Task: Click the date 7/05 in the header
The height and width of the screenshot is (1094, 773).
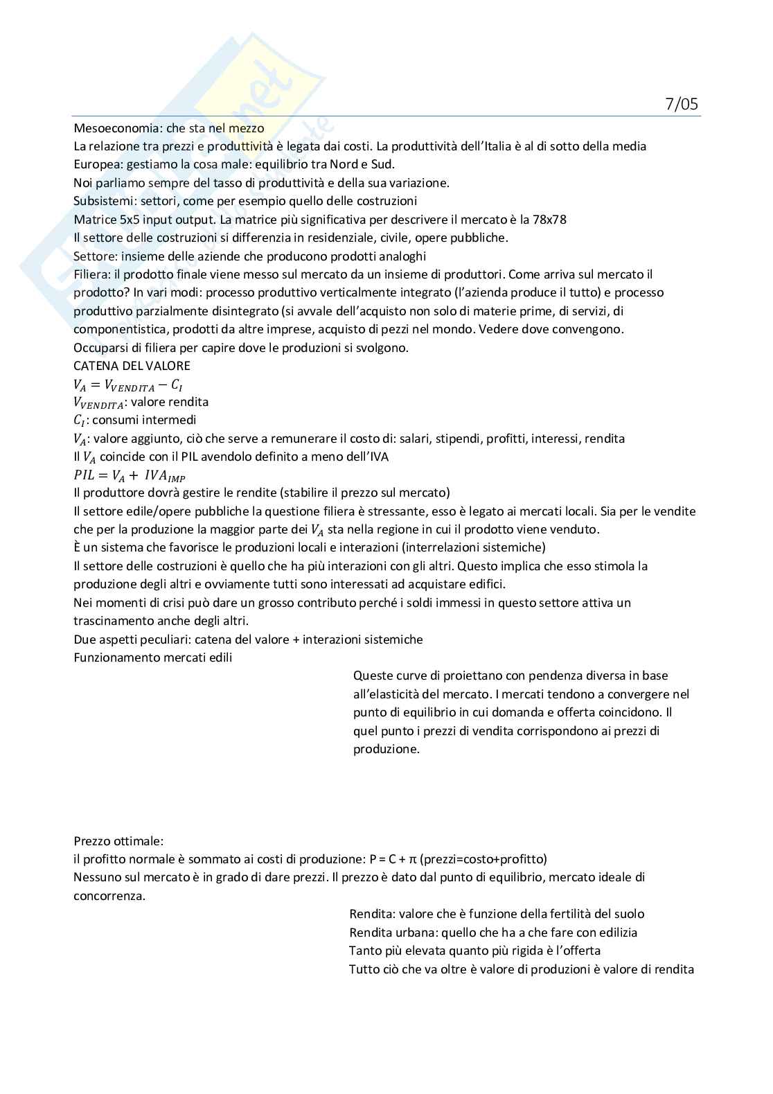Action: pyautogui.click(x=682, y=105)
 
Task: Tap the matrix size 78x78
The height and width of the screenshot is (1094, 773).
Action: pyautogui.click(x=549, y=220)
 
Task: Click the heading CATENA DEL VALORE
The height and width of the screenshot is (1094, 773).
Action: pyautogui.click(x=132, y=366)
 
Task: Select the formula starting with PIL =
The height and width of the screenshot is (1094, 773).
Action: pyautogui.click(x=130, y=476)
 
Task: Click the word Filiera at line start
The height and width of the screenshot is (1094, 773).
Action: pyautogui.click(x=90, y=274)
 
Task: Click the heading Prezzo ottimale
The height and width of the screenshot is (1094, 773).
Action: pyautogui.click(x=118, y=841)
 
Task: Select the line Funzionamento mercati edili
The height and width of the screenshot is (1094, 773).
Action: pyautogui.click(x=152, y=658)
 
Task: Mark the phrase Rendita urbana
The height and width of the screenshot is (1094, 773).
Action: pyautogui.click(x=393, y=933)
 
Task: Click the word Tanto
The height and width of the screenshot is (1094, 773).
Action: pyautogui.click(x=364, y=951)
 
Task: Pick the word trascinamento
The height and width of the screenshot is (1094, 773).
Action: pyautogui.click(x=112, y=621)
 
